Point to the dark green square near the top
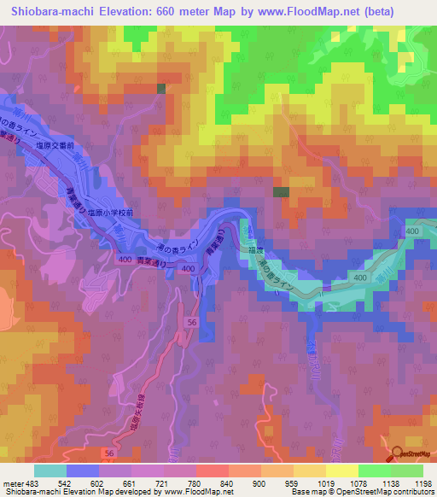click(161, 88)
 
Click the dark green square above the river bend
click(281, 192)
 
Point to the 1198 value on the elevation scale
click(422, 482)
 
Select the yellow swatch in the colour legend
click(341, 471)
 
